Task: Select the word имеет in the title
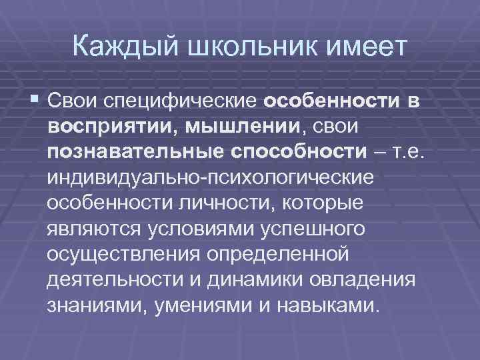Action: click(x=363, y=47)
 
